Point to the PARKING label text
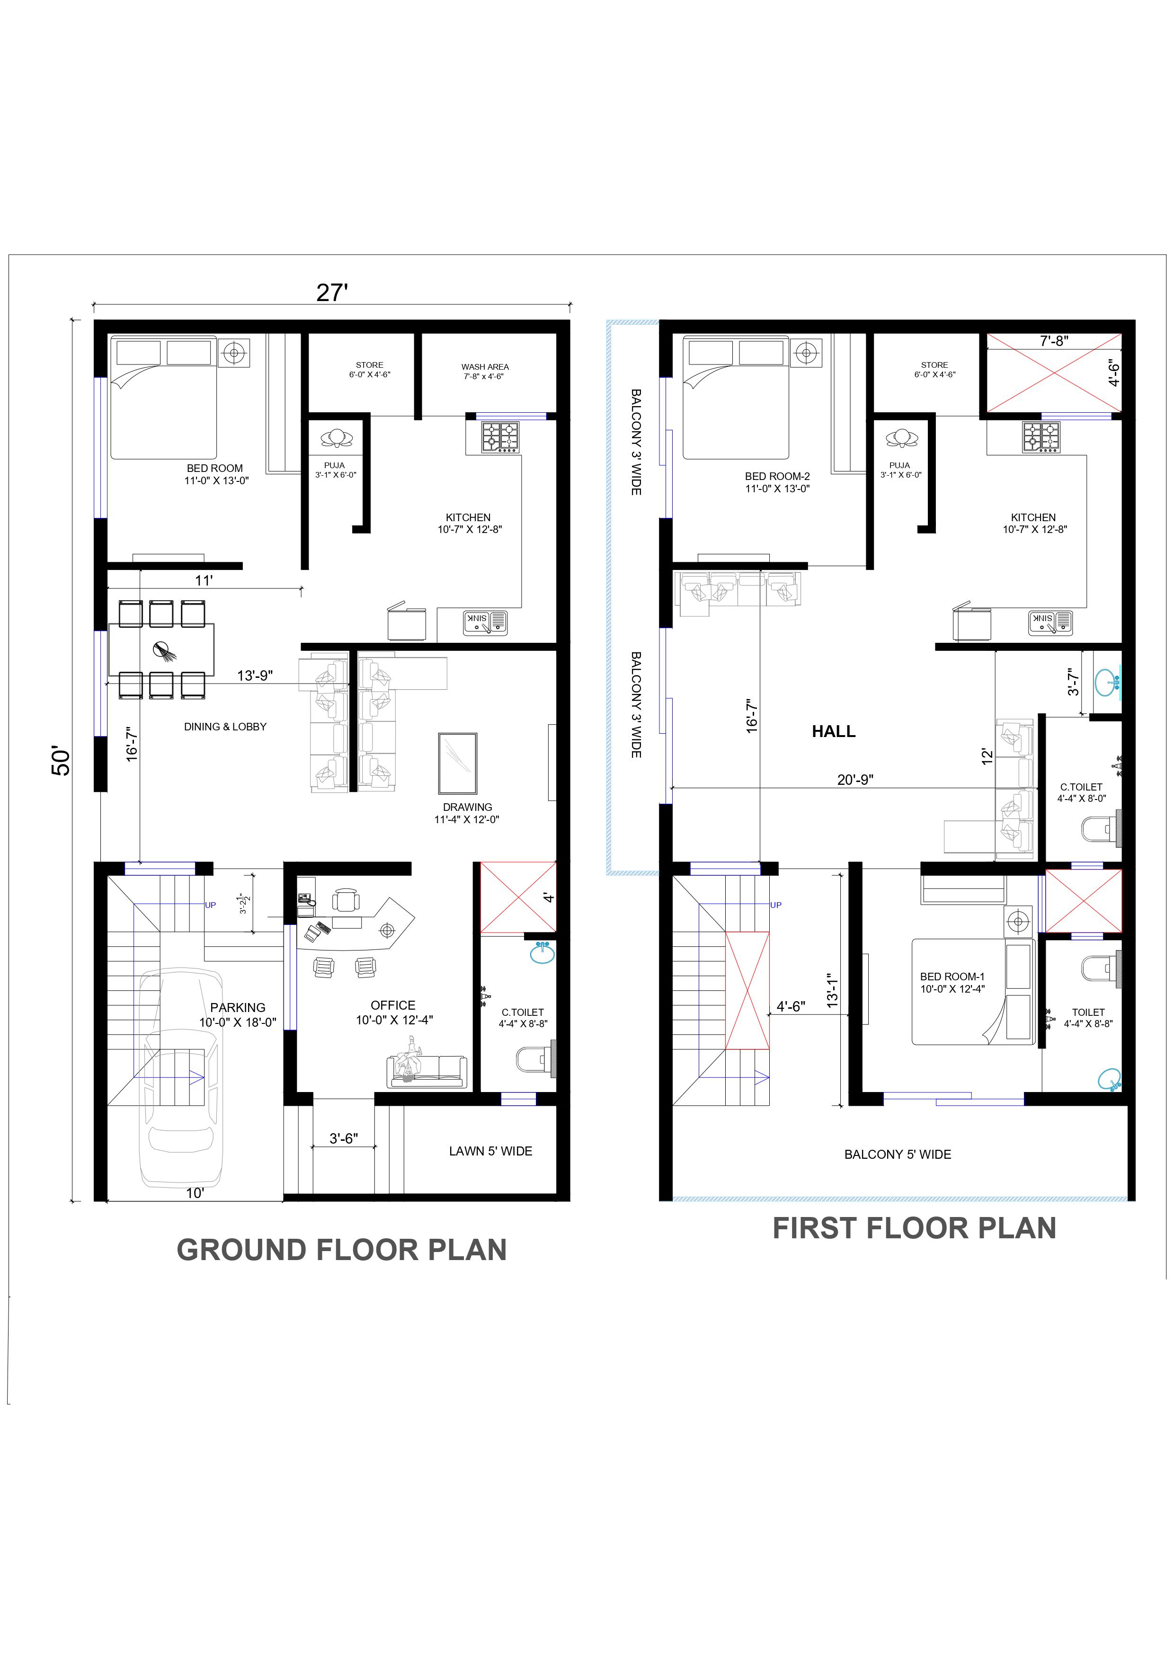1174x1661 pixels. tap(238, 1007)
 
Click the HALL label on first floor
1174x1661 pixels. tap(833, 731)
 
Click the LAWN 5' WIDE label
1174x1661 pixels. tap(490, 1151)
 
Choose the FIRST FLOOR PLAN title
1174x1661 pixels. tap(914, 1228)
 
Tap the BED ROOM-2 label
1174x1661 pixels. tap(778, 476)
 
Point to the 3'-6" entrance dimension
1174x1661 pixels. tap(344, 1138)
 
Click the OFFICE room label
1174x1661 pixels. tap(393, 1005)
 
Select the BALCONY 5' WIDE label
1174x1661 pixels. tap(898, 1155)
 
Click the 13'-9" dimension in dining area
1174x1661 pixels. tap(255, 675)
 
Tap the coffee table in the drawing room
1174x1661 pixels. tap(457, 763)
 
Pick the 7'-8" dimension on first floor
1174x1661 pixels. tap(1054, 341)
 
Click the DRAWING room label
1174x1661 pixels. tap(467, 807)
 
